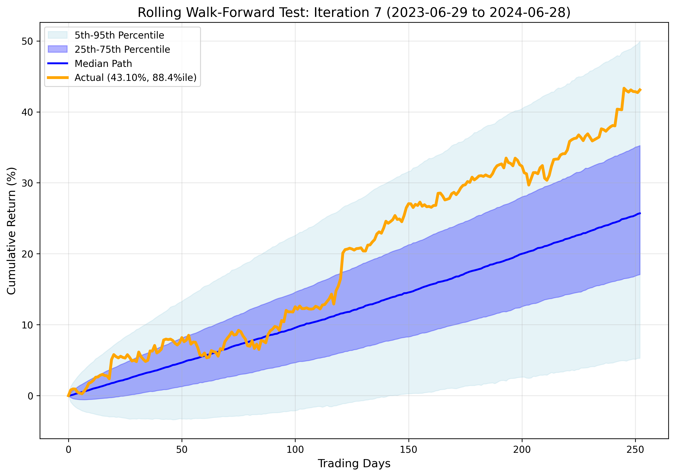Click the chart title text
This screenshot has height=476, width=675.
pos(354,13)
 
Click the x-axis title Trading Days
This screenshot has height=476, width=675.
pos(354,463)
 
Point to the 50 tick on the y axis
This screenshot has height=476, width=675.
pos(27,41)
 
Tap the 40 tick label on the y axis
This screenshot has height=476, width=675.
pos(27,112)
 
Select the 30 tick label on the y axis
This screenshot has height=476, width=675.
pos(27,183)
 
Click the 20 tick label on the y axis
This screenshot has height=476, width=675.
pos(27,254)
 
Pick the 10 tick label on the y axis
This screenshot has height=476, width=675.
pos(27,325)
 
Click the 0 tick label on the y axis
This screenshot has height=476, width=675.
pos(30,396)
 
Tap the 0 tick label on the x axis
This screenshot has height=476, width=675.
pos(68,450)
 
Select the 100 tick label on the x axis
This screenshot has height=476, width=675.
pos(295,450)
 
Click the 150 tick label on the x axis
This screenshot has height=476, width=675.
pos(409,450)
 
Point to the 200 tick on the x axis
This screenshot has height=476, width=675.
pos(522,450)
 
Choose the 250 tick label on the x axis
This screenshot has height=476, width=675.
pos(635,450)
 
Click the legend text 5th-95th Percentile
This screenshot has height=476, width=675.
pos(119,35)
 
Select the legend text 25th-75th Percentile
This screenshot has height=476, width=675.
pos(122,49)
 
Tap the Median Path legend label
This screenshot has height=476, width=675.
pos(103,64)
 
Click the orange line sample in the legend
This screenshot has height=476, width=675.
pos(58,78)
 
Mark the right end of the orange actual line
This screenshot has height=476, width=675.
pos(640,89)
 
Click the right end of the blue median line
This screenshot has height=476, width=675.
pos(640,213)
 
